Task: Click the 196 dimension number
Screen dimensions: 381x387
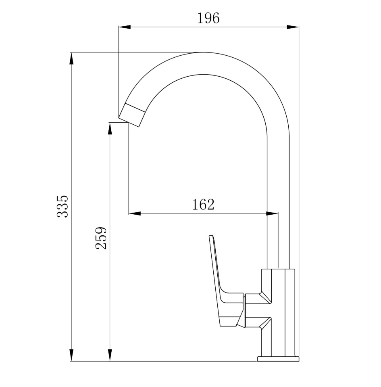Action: point(208,18)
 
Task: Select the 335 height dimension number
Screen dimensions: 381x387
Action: point(62,206)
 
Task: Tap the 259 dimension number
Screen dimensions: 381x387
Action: point(101,238)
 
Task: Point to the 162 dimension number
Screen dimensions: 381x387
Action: point(203,204)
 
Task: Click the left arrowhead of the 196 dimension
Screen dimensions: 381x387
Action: point(124,27)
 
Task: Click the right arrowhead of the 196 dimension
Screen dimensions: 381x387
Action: point(293,27)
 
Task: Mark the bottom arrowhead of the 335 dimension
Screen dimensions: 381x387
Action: point(71,355)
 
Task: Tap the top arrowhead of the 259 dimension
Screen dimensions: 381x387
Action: point(110,129)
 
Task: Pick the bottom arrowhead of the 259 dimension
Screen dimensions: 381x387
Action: point(110,355)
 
